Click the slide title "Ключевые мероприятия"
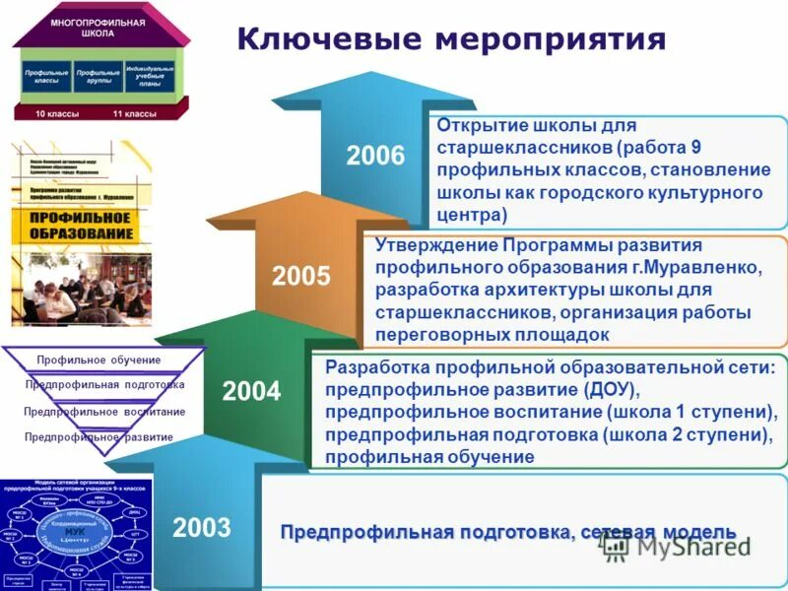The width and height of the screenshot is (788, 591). click(x=451, y=38)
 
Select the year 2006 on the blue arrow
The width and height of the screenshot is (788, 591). click(x=374, y=156)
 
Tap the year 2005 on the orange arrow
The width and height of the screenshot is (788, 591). click(x=300, y=276)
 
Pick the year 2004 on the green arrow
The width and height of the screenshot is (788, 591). click(x=251, y=392)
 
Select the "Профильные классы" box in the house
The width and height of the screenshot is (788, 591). click(x=45, y=76)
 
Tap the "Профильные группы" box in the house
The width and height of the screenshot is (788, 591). click(x=98, y=76)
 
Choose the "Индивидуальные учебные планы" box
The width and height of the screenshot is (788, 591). click(x=150, y=76)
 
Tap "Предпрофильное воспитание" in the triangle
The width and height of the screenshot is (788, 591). click(x=103, y=411)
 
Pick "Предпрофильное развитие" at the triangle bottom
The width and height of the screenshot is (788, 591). click(x=98, y=436)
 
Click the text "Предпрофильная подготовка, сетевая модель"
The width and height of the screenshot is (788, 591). click(x=507, y=532)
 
